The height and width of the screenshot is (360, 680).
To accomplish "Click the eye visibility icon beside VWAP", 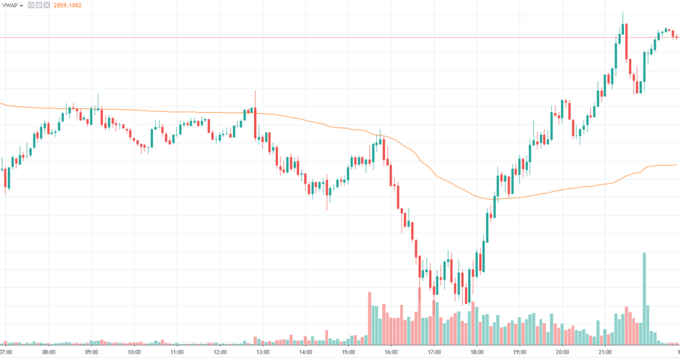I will pyautogui.click(x=30, y=5).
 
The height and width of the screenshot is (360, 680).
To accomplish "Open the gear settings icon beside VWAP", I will pyautogui.click(x=38, y=5).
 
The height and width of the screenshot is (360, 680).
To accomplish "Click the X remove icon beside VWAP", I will pyautogui.click(x=46, y=5).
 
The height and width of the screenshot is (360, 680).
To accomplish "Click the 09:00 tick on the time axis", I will pyautogui.click(x=92, y=353).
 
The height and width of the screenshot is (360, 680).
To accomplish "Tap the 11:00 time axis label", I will pyautogui.click(x=177, y=353).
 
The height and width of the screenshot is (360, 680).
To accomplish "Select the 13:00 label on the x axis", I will pyautogui.click(x=263, y=353).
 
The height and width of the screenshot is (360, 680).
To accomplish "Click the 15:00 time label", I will pyautogui.click(x=348, y=353).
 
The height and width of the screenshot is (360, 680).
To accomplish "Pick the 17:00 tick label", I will pyautogui.click(x=434, y=353).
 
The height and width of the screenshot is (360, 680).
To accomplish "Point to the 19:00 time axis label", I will pyautogui.click(x=520, y=353).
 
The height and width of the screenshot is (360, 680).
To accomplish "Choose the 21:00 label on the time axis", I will pyautogui.click(x=605, y=353).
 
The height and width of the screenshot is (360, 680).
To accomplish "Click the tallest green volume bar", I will pyautogui.click(x=644, y=297).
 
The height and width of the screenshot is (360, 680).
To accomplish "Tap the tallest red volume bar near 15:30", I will pyautogui.click(x=370, y=317).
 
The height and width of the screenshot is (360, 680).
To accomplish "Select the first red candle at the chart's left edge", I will pyautogui.click(x=7, y=178).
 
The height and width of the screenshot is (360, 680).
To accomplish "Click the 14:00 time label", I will pyautogui.click(x=306, y=353).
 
